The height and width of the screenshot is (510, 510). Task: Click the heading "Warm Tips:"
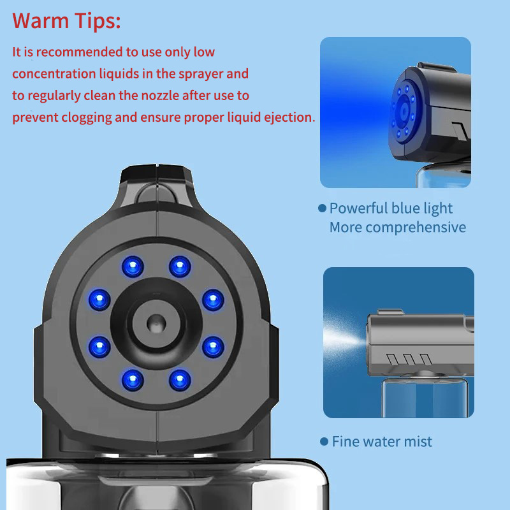(66, 21)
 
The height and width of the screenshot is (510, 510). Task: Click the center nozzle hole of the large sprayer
(156, 324)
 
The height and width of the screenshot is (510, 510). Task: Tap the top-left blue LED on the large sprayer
(133, 266)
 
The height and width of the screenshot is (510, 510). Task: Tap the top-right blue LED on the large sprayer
(180, 266)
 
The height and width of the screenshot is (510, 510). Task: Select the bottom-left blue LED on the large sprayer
(133, 380)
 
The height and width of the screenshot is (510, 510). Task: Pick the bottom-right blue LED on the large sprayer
(180, 380)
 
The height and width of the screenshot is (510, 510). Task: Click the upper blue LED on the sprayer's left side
(99, 300)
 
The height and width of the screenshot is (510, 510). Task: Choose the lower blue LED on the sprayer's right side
(213, 347)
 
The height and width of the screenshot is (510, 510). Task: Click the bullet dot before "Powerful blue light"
(322, 208)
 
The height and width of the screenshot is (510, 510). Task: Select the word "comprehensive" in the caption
(416, 228)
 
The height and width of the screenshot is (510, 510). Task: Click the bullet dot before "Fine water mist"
(324, 441)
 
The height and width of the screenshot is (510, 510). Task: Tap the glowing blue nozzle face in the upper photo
(404, 111)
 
